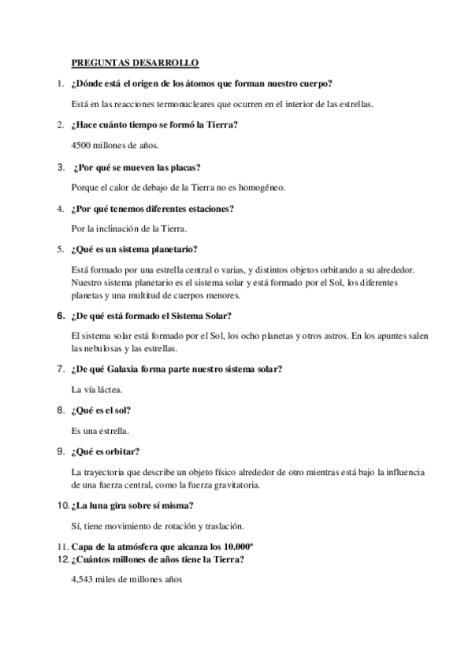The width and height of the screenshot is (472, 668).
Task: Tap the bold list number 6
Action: click(x=60, y=316)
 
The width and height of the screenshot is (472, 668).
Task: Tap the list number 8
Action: click(x=60, y=410)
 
